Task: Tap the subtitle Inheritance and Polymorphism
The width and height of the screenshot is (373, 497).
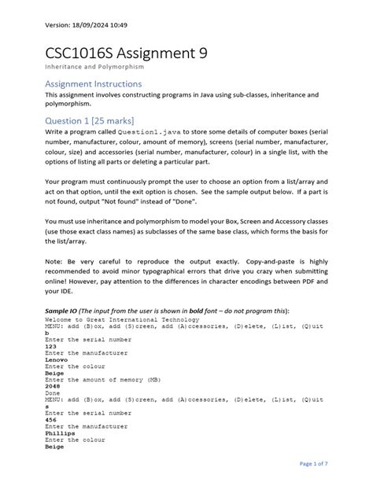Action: tap(95, 68)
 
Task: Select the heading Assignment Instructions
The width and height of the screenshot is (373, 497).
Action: tap(94, 83)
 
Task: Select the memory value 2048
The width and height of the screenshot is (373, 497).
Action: tap(53, 388)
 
